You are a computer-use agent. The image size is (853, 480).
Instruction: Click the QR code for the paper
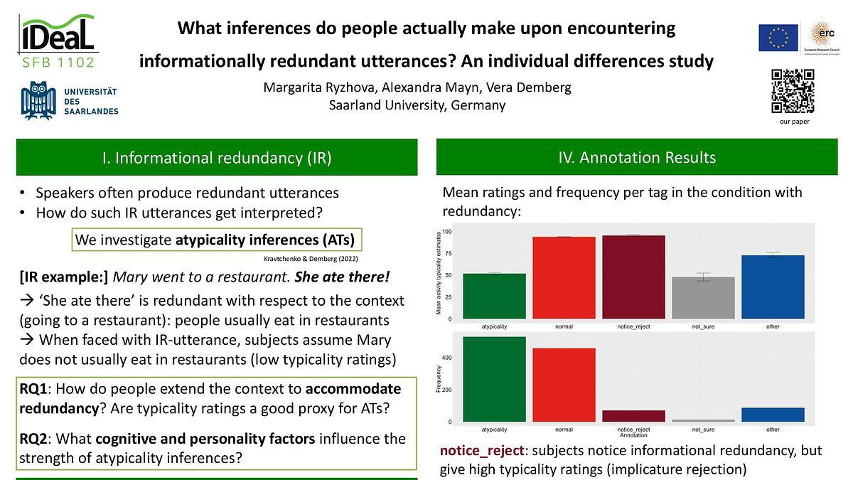pos(793,91)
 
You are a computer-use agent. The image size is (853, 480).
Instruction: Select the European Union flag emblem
pos(778,38)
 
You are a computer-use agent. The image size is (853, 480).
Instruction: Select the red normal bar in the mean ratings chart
pos(564,278)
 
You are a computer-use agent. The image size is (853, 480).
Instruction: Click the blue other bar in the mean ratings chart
pos(773,287)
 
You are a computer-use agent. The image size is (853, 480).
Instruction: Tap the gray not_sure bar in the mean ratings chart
pos(703,298)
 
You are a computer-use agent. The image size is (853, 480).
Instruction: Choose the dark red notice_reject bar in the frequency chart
pos(633,416)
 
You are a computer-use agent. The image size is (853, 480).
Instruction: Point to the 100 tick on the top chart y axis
pos(447,233)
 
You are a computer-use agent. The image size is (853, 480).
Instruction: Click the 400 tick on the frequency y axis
pos(447,357)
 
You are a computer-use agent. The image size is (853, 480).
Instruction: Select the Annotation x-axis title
pos(633,435)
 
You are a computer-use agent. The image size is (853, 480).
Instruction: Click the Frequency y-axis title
pos(439,379)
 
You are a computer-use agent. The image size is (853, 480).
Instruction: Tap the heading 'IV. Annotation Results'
pos(637,157)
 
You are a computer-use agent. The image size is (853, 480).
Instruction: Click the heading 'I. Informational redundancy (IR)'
pos(216,157)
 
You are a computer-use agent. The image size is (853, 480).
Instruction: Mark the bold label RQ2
pos(37,439)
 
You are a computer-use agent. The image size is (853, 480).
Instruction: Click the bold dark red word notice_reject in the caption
pos(483,451)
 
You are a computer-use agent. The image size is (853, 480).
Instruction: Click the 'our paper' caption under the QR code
pos(794,122)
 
